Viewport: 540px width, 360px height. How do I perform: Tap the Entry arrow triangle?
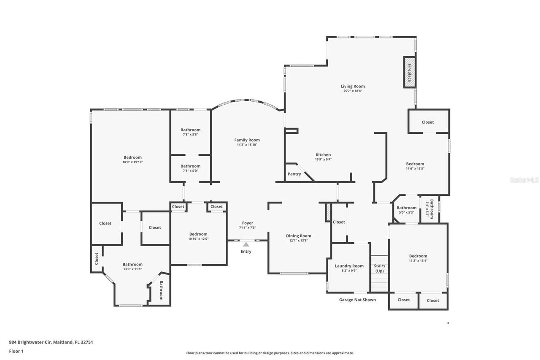click(246, 244)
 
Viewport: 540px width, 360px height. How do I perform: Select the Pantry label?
click(294, 174)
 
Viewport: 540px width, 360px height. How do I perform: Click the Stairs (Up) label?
click(379, 268)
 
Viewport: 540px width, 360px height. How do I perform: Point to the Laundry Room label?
click(349, 266)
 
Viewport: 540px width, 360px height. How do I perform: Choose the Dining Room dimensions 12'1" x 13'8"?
click(299, 241)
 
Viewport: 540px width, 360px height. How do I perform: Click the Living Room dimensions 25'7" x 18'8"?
click(353, 91)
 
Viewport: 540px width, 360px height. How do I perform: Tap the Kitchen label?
click(324, 154)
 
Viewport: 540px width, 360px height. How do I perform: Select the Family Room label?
click(247, 140)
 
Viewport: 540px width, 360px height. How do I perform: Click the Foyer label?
click(247, 223)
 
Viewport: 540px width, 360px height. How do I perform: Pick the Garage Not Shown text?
click(357, 300)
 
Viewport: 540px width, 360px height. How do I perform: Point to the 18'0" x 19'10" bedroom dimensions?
click(132, 162)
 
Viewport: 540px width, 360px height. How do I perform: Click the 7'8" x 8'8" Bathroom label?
click(190, 130)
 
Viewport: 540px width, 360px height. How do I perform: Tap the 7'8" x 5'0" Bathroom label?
click(190, 166)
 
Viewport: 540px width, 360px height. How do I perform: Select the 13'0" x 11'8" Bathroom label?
click(132, 264)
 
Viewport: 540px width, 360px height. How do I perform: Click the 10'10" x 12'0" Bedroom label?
click(198, 234)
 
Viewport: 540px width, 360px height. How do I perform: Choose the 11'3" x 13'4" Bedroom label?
click(418, 256)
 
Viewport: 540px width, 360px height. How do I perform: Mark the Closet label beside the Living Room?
click(428, 122)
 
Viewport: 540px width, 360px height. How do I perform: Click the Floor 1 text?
click(16, 351)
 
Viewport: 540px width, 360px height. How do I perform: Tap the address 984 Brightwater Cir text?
click(51, 342)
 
